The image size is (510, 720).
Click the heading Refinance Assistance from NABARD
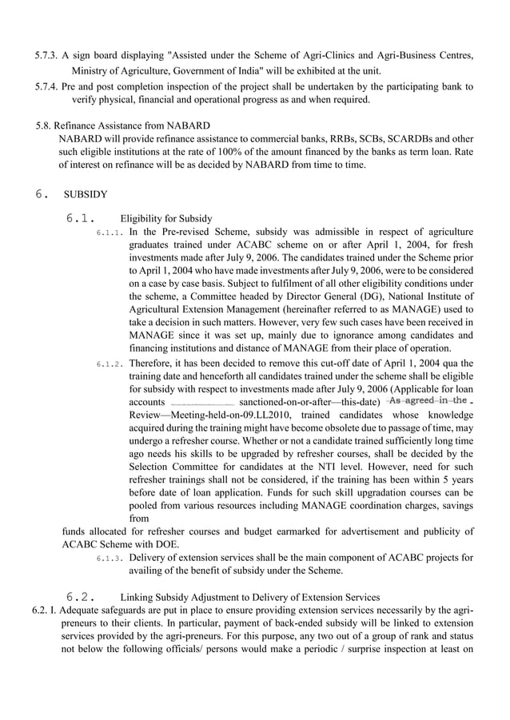click(134, 125)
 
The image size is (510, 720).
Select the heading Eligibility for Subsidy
click(165, 218)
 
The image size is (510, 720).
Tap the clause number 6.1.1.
click(110, 233)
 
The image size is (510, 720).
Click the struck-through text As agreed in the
click(427, 400)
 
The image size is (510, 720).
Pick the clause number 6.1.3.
click(110, 557)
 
